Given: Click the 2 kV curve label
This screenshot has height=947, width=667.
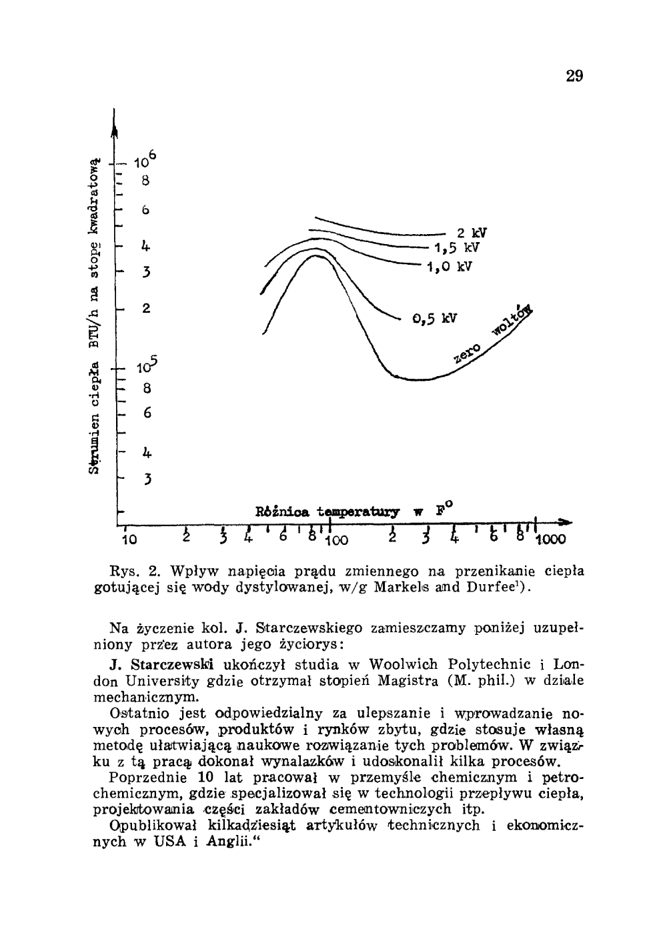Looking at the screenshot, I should [471, 233].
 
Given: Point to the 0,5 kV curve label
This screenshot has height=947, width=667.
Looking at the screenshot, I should [436, 318].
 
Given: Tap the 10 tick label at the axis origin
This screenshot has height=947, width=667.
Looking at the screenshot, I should [129, 539].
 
